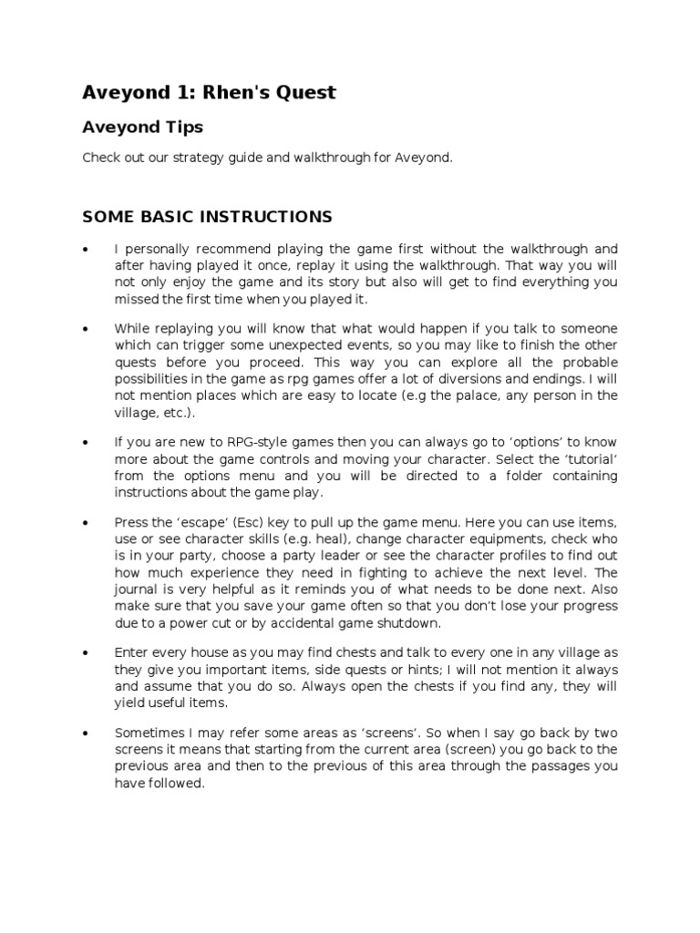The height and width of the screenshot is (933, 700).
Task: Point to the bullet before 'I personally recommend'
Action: pyautogui.click(x=85, y=249)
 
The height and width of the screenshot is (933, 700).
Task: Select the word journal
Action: pyautogui.click(x=138, y=590)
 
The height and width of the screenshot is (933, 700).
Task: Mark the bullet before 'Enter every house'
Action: pyautogui.click(x=85, y=653)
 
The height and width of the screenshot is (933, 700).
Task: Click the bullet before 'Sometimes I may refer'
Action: pyautogui.click(x=85, y=733)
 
